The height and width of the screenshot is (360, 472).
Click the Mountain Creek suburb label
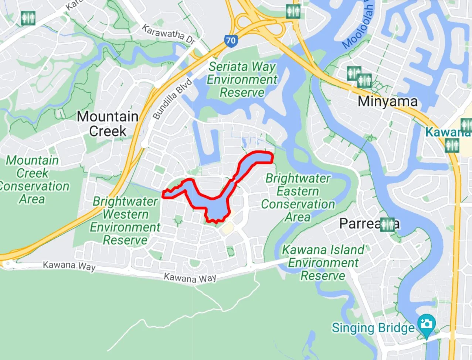click(x=107, y=124)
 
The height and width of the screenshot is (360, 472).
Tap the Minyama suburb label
click(x=387, y=102)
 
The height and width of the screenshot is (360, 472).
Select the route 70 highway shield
click(x=231, y=41)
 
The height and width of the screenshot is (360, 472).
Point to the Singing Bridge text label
click(x=373, y=328)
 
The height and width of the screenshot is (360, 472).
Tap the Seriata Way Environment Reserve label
click(x=242, y=79)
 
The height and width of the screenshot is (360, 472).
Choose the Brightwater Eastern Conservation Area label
click(x=298, y=198)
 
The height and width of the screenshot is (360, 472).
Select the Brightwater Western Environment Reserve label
click(x=125, y=221)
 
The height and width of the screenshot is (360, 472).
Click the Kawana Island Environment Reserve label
click(x=323, y=263)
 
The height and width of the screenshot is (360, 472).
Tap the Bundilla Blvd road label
click(x=173, y=99)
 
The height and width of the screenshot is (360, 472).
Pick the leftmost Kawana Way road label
click(x=69, y=265)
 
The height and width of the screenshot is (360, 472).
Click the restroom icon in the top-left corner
click(x=28, y=18)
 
